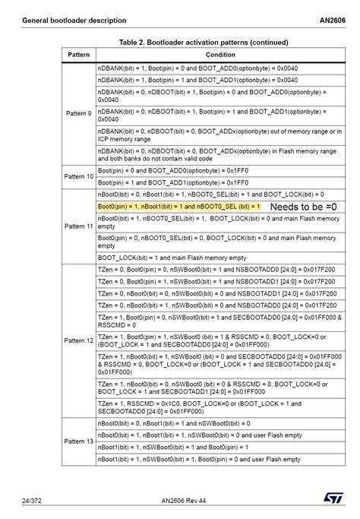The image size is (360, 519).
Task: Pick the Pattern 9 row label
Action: [x=79, y=113]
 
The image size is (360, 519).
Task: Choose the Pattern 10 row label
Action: [x=79, y=176]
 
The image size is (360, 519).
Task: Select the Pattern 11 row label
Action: [x=79, y=226]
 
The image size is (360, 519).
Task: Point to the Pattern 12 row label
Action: [x=79, y=340]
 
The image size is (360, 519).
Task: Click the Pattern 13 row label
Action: [x=79, y=441]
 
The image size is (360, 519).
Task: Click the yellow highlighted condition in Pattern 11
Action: [x=178, y=207]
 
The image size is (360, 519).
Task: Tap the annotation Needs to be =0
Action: [x=303, y=207]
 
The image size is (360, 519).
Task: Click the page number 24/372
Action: [x=31, y=501]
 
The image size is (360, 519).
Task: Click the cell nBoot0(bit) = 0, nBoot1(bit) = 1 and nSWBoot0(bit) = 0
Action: [x=174, y=422]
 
